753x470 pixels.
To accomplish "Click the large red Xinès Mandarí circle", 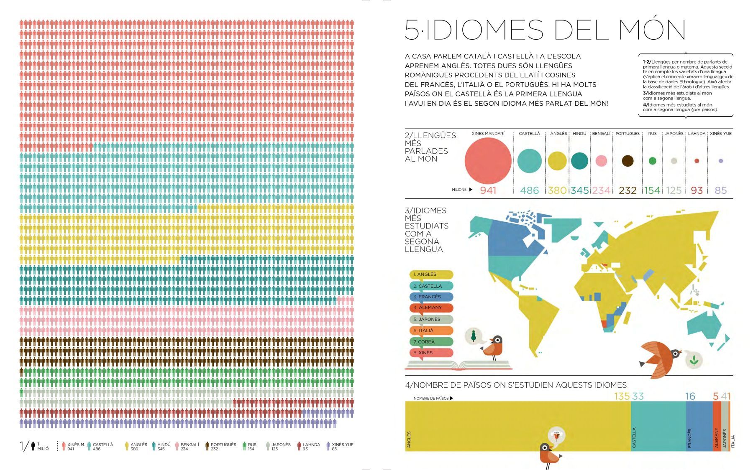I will coord(488,161).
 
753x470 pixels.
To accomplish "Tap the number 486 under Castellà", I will coord(529,191).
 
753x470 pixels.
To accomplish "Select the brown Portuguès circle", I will coord(627,161).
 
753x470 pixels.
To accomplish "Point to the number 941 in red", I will coord(488,191).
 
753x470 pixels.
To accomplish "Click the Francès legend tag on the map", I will coord(431,297).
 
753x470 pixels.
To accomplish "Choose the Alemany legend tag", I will coord(431,308).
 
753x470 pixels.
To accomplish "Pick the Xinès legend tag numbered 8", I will coord(431,353).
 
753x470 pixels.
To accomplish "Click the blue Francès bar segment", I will coord(699,426).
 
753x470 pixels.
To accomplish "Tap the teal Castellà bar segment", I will coord(658,426).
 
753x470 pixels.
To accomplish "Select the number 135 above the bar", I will coord(622,396).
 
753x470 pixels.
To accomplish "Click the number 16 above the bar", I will coord(690,396).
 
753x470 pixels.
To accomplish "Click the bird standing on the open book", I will coord(494,347).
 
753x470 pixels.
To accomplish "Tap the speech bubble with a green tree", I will coord(474,336).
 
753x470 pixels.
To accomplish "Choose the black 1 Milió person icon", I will coord(33,447).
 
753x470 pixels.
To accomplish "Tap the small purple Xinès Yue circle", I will coord(720,161).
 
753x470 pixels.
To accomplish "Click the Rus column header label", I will coord(652,134).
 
